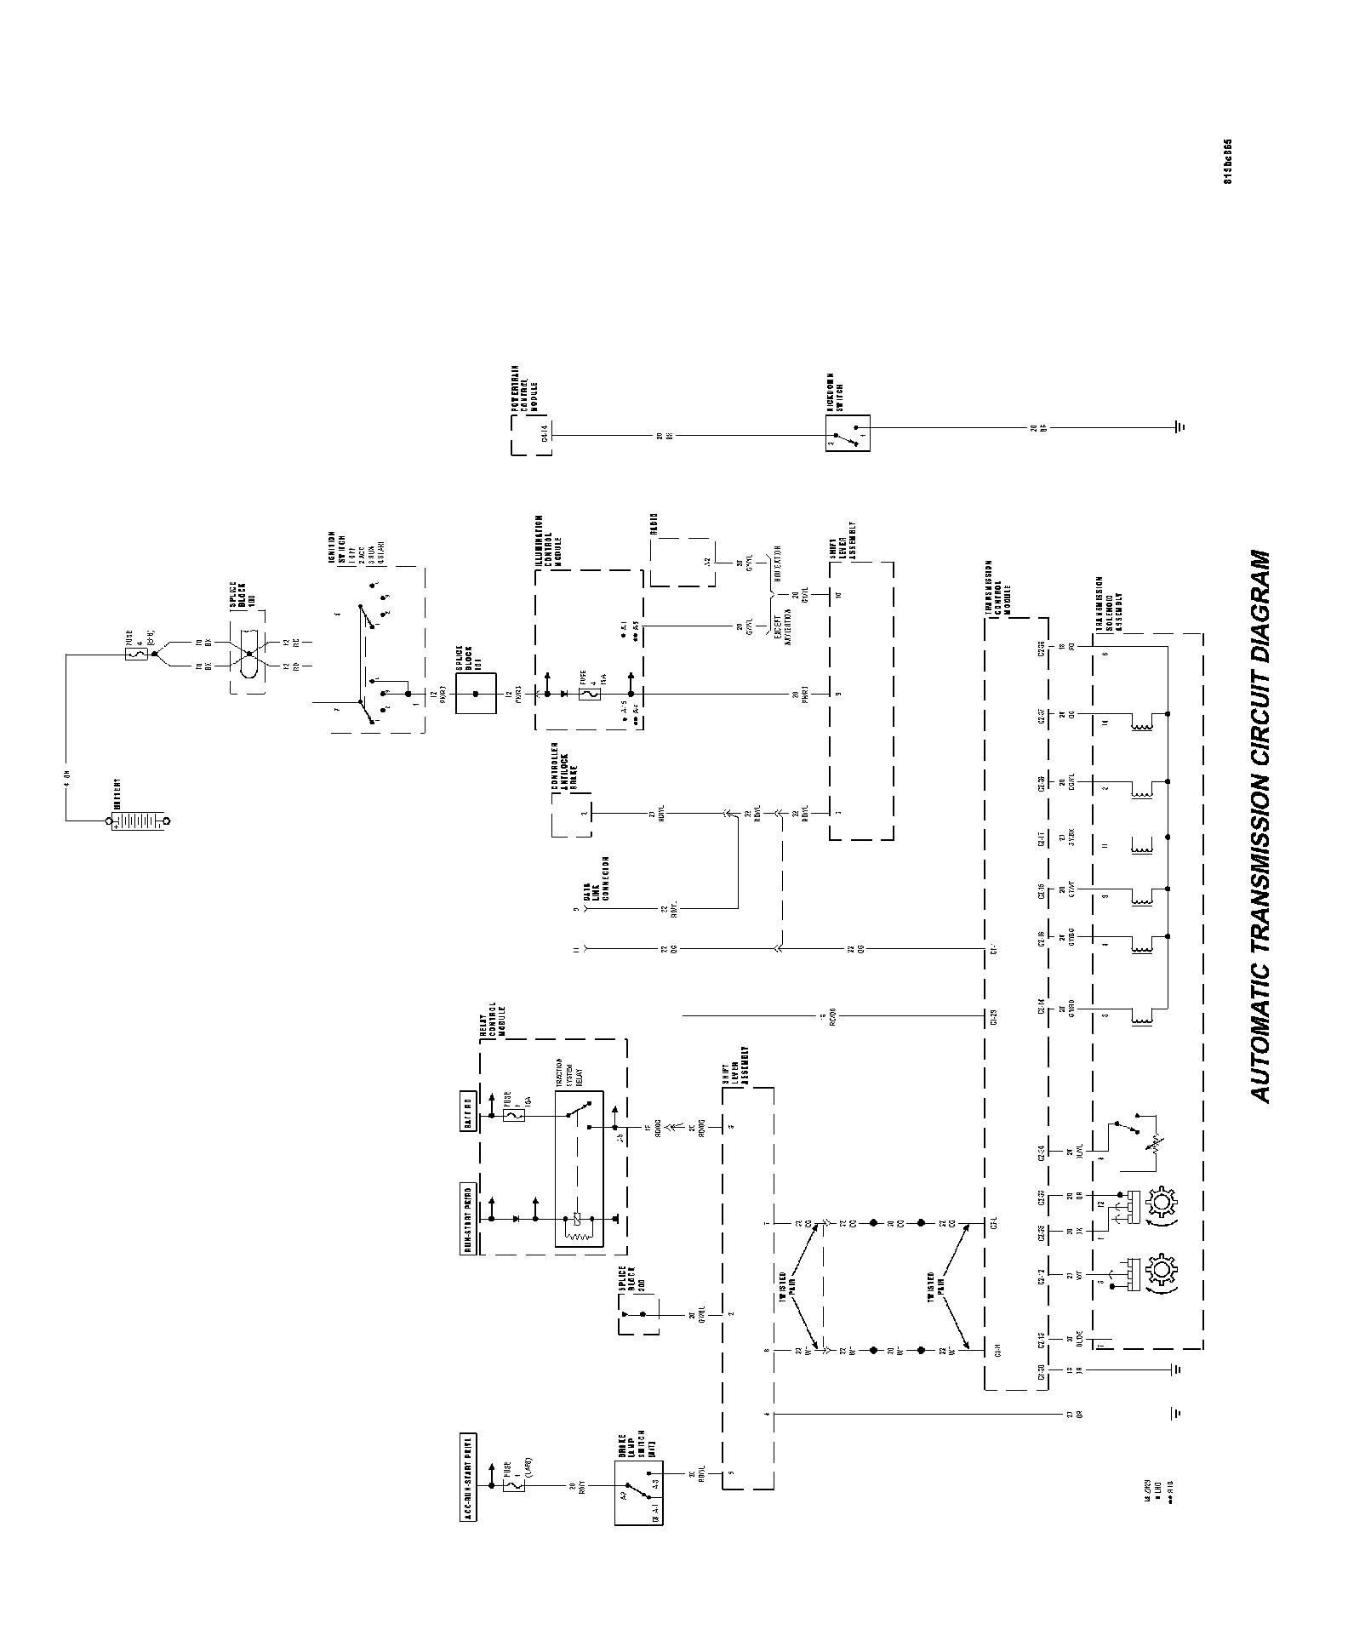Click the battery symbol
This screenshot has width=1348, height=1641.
137,821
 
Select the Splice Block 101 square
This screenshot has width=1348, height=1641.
476,694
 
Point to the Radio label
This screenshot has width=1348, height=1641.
655,525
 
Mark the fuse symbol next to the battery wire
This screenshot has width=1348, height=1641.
138,655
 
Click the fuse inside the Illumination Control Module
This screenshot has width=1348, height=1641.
586,694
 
